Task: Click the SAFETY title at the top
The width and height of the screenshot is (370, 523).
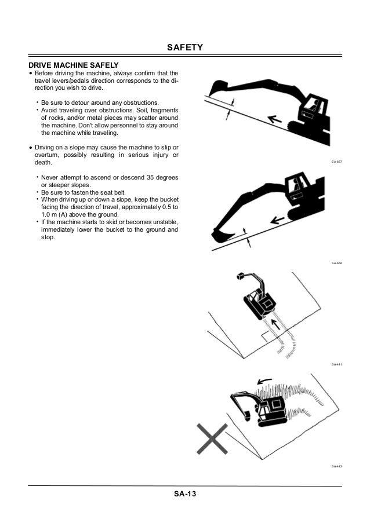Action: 184,48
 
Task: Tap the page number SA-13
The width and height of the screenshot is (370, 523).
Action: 184,494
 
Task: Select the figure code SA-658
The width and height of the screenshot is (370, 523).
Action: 336,263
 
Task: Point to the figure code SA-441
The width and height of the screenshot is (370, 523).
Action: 336,364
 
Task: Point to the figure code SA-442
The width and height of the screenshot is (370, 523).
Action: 336,466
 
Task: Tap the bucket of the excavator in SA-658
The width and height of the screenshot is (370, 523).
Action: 221,235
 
